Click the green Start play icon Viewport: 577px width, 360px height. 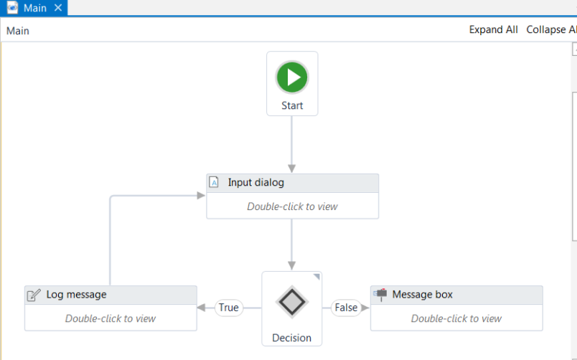click(x=292, y=77)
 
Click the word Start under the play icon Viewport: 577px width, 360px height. click(x=292, y=105)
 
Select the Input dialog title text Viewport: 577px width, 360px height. click(x=255, y=183)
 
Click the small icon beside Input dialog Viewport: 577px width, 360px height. click(x=214, y=182)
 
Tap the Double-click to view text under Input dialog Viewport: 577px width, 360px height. click(x=292, y=207)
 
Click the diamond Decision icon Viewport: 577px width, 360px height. click(x=292, y=301)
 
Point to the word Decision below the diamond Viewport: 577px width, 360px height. click(x=292, y=338)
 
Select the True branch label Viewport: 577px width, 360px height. click(x=229, y=308)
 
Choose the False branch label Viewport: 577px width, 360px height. click(x=346, y=308)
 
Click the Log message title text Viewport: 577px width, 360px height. click(x=76, y=295)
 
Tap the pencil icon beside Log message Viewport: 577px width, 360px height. click(x=33, y=295)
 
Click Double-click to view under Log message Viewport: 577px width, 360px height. click(x=111, y=318)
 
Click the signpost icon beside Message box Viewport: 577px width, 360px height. click(x=380, y=295)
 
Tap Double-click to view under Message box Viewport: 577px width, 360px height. click(x=456, y=318)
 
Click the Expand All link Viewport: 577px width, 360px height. click(x=493, y=30)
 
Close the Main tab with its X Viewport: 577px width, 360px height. click(x=59, y=8)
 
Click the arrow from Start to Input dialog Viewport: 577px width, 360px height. click(x=292, y=143)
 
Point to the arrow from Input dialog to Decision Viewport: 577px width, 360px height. click(x=292, y=244)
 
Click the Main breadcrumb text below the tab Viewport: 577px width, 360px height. click(x=18, y=31)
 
